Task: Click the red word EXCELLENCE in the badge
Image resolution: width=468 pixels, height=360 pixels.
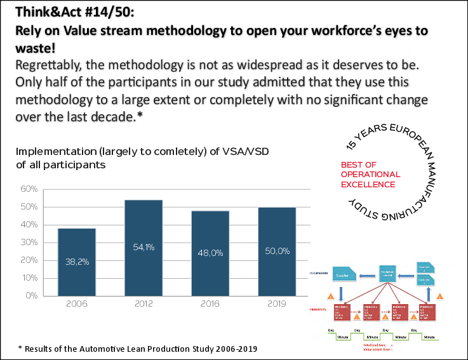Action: pos(368,184)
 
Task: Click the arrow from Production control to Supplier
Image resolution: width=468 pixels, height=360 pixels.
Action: pos(367,277)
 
